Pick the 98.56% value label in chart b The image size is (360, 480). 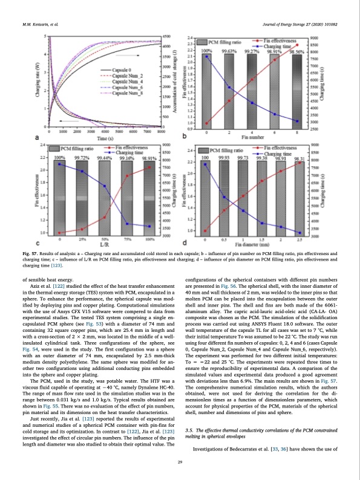pos(296,52)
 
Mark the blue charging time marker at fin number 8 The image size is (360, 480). pos(296,121)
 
